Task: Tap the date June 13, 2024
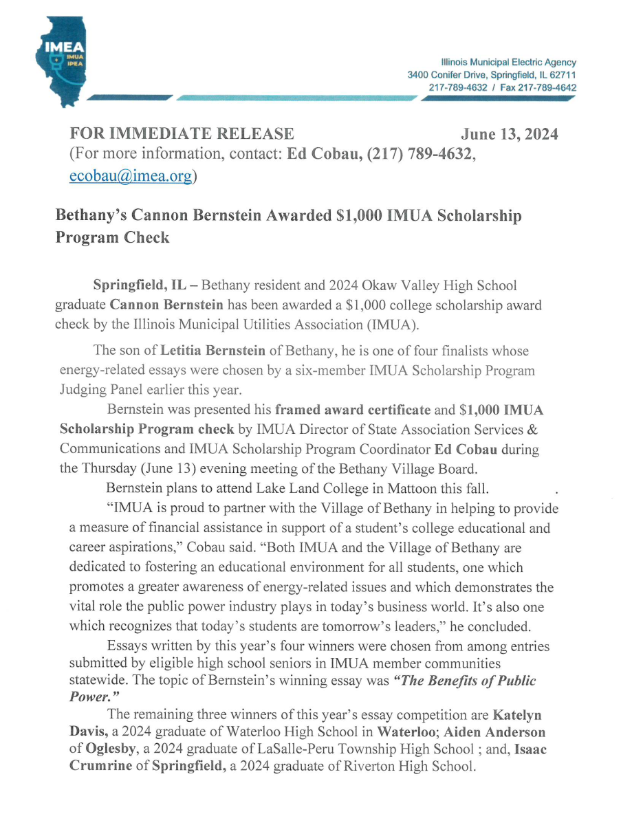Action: click(509, 134)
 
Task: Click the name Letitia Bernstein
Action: click(213, 351)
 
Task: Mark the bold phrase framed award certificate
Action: click(352, 411)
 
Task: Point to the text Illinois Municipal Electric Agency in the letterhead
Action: click(510, 62)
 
